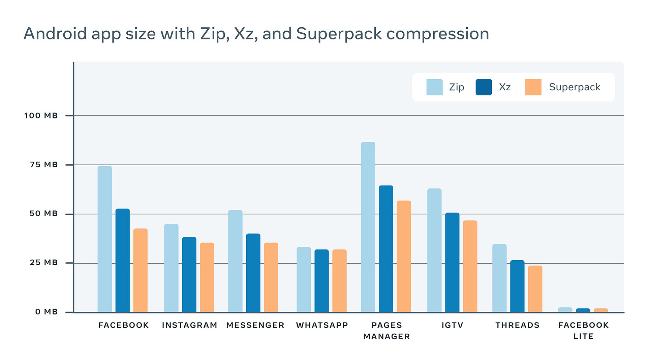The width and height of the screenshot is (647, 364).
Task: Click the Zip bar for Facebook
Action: [104, 239]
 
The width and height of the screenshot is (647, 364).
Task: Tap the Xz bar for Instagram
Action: [189, 274]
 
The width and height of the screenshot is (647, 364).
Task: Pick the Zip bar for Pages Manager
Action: [368, 227]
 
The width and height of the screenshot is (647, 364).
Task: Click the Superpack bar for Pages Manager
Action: [404, 256]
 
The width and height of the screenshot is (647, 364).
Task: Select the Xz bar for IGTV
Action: [452, 262]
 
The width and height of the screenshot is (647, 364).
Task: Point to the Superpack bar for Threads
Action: [535, 289]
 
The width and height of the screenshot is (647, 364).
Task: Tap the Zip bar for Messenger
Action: [235, 261]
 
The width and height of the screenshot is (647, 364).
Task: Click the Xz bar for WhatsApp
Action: [321, 281]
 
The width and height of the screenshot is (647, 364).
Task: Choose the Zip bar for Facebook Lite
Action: [565, 310]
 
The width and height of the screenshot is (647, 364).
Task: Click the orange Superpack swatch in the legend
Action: [533, 87]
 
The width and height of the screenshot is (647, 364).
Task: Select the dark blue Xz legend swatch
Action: [484, 87]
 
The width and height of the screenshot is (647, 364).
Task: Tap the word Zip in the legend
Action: [457, 87]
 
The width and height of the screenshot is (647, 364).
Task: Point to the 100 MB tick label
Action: [41, 116]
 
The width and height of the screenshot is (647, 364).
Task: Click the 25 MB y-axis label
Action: [44, 263]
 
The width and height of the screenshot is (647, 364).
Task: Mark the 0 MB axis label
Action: [47, 312]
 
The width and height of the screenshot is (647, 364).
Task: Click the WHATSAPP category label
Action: [322, 325]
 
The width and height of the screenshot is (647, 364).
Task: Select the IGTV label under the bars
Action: [452, 325]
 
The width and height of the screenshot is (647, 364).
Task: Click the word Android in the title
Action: [55, 34]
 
